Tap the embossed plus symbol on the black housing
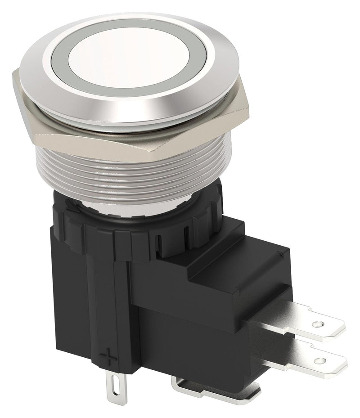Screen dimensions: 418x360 click(x=107, y=358)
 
